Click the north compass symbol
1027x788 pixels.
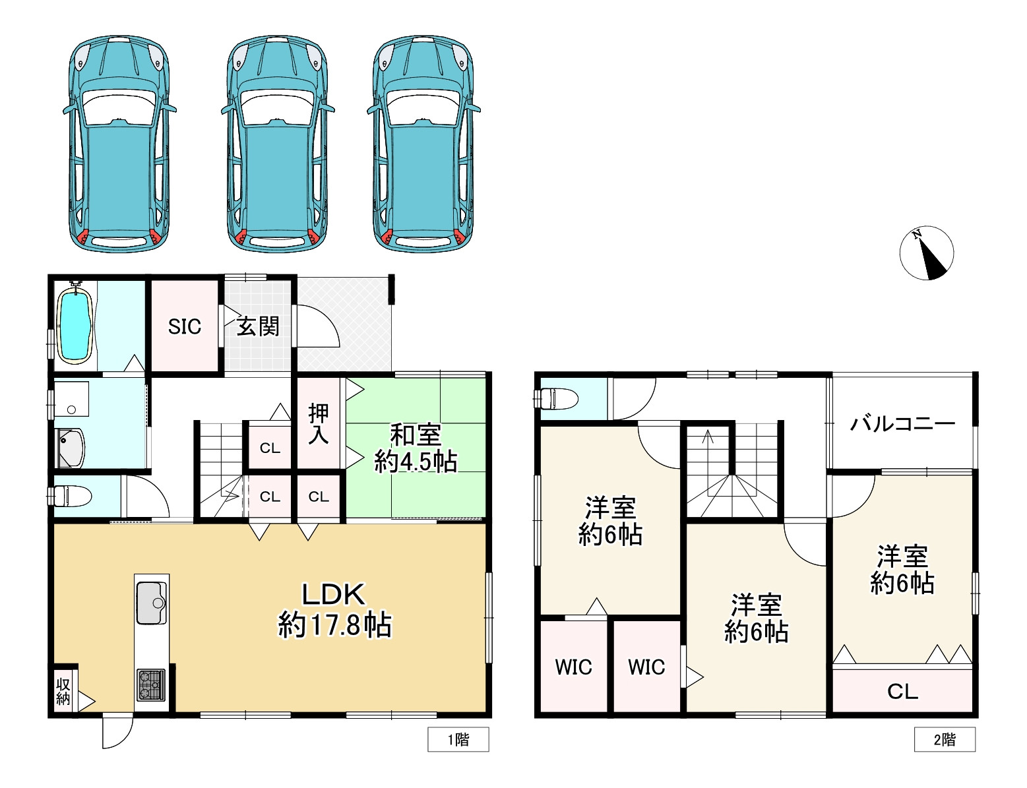click(x=926, y=253)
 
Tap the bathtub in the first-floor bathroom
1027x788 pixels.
click(x=75, y=322)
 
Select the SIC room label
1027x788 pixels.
click(x=184, y=326)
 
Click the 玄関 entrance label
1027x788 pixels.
click(x=258, y=326)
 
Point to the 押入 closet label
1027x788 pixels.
click(x=318, y=424)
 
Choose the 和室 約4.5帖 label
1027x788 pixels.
click(x=416, y=448)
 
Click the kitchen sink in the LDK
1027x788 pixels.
click(x=151, y=603)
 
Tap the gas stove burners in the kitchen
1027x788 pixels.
click(x=151, y=685)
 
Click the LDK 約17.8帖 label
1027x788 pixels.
click(x=334, y=610)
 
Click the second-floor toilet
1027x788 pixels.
click(x=556, y=399)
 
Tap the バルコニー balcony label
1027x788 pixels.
click(x=902, y=423)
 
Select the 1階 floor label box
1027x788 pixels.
click(x=458, y=739)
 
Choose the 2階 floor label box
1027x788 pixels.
click(x=945, y=739)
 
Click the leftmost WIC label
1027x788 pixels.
click(x=573, y=667)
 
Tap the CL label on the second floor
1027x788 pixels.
click(x=902, y=692)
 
